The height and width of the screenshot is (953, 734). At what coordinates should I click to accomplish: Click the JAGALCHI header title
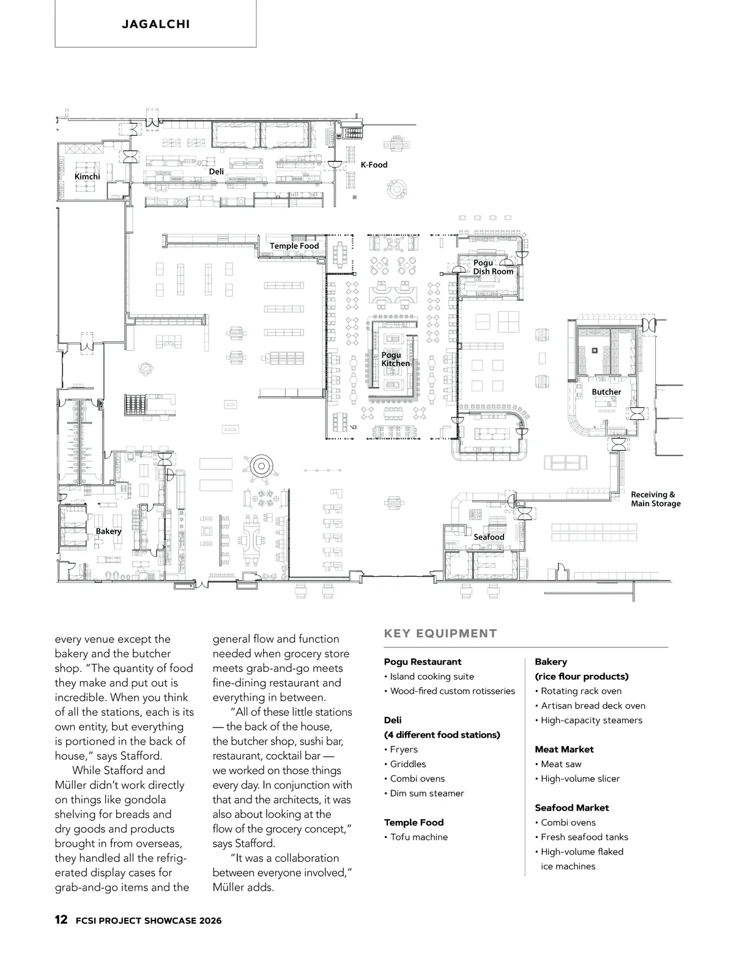pos(155,24)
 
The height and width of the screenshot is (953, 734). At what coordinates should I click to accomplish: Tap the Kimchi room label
pos(87,177)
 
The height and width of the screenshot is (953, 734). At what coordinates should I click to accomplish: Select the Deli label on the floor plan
pos(217,172)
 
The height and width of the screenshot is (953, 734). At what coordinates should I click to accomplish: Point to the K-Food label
pos(374,164)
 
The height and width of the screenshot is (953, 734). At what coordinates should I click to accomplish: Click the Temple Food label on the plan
pos(294,246)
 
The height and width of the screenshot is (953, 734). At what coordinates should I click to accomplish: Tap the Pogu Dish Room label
pos(493,267)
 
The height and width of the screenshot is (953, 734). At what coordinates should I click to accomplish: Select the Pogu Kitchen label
pos(395,359)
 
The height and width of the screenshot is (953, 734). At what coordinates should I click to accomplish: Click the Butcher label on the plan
pos(606,392)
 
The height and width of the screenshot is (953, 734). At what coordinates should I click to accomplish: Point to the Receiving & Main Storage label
pos(655,499)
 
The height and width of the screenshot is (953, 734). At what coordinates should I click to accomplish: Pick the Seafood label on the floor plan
pos(489,537)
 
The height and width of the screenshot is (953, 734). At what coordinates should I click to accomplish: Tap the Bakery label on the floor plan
pos(108,531)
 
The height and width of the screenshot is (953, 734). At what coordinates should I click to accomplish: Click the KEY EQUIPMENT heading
pos(440,633)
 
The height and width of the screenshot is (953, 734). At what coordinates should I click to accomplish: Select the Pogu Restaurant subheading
pos(423,661)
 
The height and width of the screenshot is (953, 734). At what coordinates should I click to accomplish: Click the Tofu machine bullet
pos(418,837)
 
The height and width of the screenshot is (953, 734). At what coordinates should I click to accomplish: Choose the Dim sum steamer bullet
pos(427,793)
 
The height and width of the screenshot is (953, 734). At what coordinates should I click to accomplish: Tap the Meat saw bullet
pos(561,764)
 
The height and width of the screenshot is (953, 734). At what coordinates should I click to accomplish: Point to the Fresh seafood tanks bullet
pos(584,837)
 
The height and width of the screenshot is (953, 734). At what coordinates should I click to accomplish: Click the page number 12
pos(61,920)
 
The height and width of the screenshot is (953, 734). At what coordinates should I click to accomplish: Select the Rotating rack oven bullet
pos(581,691)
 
